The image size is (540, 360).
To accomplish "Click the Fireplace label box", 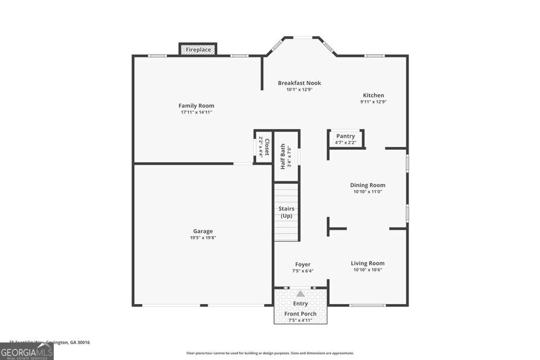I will pyautogui.click(x=198, y=50).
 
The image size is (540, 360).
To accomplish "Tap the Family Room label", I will pyautogui.click(x=196, y=105).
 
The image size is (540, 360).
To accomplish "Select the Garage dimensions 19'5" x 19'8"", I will pyautogui.click(x=203, y=238).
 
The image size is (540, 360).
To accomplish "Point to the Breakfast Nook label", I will pyautogui.click(x=300, y=83).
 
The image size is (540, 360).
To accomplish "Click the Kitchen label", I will pyautogui.click(x=372, y=95).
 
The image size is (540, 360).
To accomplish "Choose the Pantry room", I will pyautogui.click(x=346, y=139).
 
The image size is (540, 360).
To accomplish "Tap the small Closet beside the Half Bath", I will pyautogui.click(x=263, y=147).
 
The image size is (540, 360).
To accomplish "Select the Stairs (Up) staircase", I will pyautogui.click(x=286, y=212).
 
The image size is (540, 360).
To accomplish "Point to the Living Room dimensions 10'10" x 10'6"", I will pyautogui.click(x=368, y=270).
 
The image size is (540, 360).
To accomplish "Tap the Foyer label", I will pyautogui.click(x=303, y=265).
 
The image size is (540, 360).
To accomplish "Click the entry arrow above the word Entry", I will pyautogui.click(x=300, y=294).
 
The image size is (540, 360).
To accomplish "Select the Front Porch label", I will pyautogui.click(x=301, y=314).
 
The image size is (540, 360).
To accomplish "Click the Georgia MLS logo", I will pyautogui.click(x=26, y=352).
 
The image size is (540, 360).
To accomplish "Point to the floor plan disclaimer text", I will pyautogui.click(x=270, y=353).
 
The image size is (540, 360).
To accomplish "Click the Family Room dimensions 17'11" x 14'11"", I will pyautogui.click(x=196, y=112).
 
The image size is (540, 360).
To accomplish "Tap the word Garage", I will pyautogui.click(x=203, y=231).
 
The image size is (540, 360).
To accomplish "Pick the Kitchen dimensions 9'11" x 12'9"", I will pyautogui.click(x=373, y=102).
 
